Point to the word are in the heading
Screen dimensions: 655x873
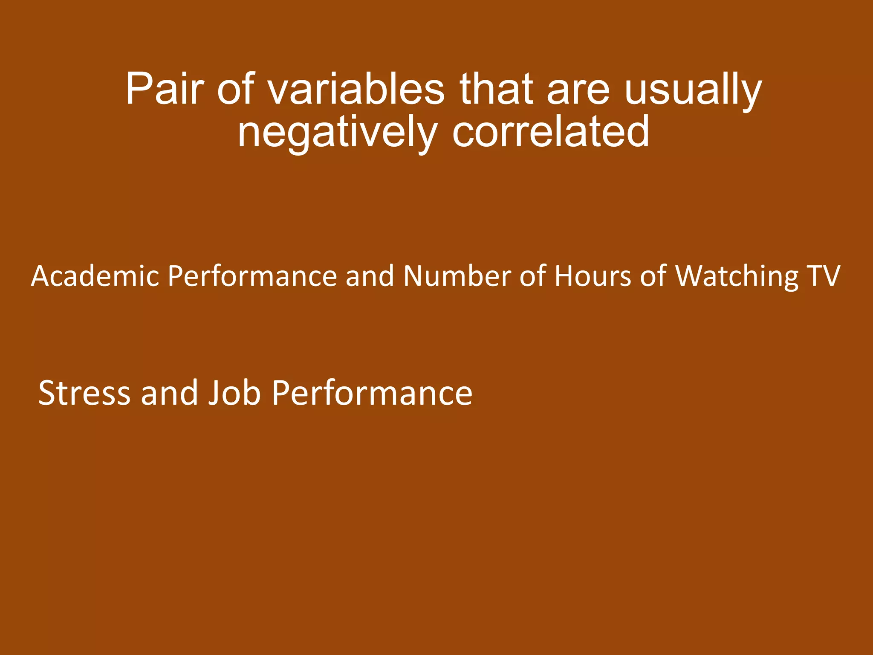pyautogui.click(x=578, y=90)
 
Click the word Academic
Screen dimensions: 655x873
pyautogui.click(x=95, y=276)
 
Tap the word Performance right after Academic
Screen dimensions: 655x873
pyautogui.click(x=252, y=276)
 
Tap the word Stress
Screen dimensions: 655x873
pyautogui.click(x=84, y=393)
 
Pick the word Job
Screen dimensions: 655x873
pyautogui.click(x=234, y=393)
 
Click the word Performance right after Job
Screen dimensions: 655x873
pyautogui.click(x=372, y=393)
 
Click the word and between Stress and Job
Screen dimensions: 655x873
pyautogui.click(x=169, y=393)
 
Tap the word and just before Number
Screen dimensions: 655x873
pyautogui.click(x=370, y=276)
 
